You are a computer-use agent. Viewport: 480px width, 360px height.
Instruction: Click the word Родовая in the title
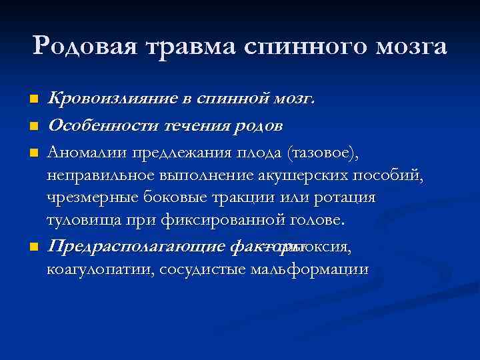[81, 47]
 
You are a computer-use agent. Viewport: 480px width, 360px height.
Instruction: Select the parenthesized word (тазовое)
[323, 154]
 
